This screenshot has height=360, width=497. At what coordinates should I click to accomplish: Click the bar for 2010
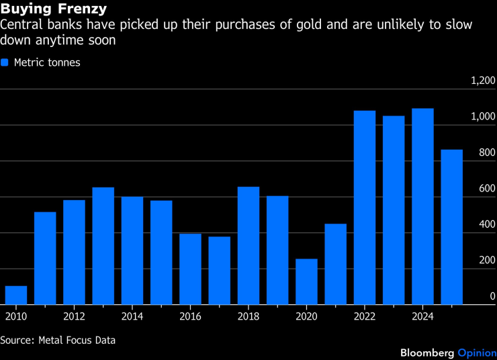tap(16, 296)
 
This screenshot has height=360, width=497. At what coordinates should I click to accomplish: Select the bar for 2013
tap(103, 246)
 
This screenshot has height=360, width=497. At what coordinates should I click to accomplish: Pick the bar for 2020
tap(306, 281)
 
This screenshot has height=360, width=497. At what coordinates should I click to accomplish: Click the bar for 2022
tap(364, 208)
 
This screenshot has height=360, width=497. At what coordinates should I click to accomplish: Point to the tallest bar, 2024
tap(422, 206)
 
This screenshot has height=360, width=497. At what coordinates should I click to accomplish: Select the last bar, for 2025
tap(451, 227)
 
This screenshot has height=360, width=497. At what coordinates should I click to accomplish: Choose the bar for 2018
tap(248, 245)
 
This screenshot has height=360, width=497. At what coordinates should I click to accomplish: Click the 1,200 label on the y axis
tap(484, 81)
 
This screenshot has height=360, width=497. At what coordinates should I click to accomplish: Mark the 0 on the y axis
tap(492, 296)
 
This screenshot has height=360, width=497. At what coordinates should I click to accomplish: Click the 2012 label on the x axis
tap(74, 316)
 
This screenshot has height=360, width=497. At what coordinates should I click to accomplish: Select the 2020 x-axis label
tap(306, 316)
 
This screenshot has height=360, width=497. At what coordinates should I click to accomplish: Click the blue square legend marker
tap(5, 62)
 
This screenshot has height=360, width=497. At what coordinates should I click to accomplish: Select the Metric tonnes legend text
tap(46, 62)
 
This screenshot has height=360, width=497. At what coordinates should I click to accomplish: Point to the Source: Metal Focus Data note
tap(58, 341)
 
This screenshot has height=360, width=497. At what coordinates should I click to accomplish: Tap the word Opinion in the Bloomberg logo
tap(477, 353)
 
